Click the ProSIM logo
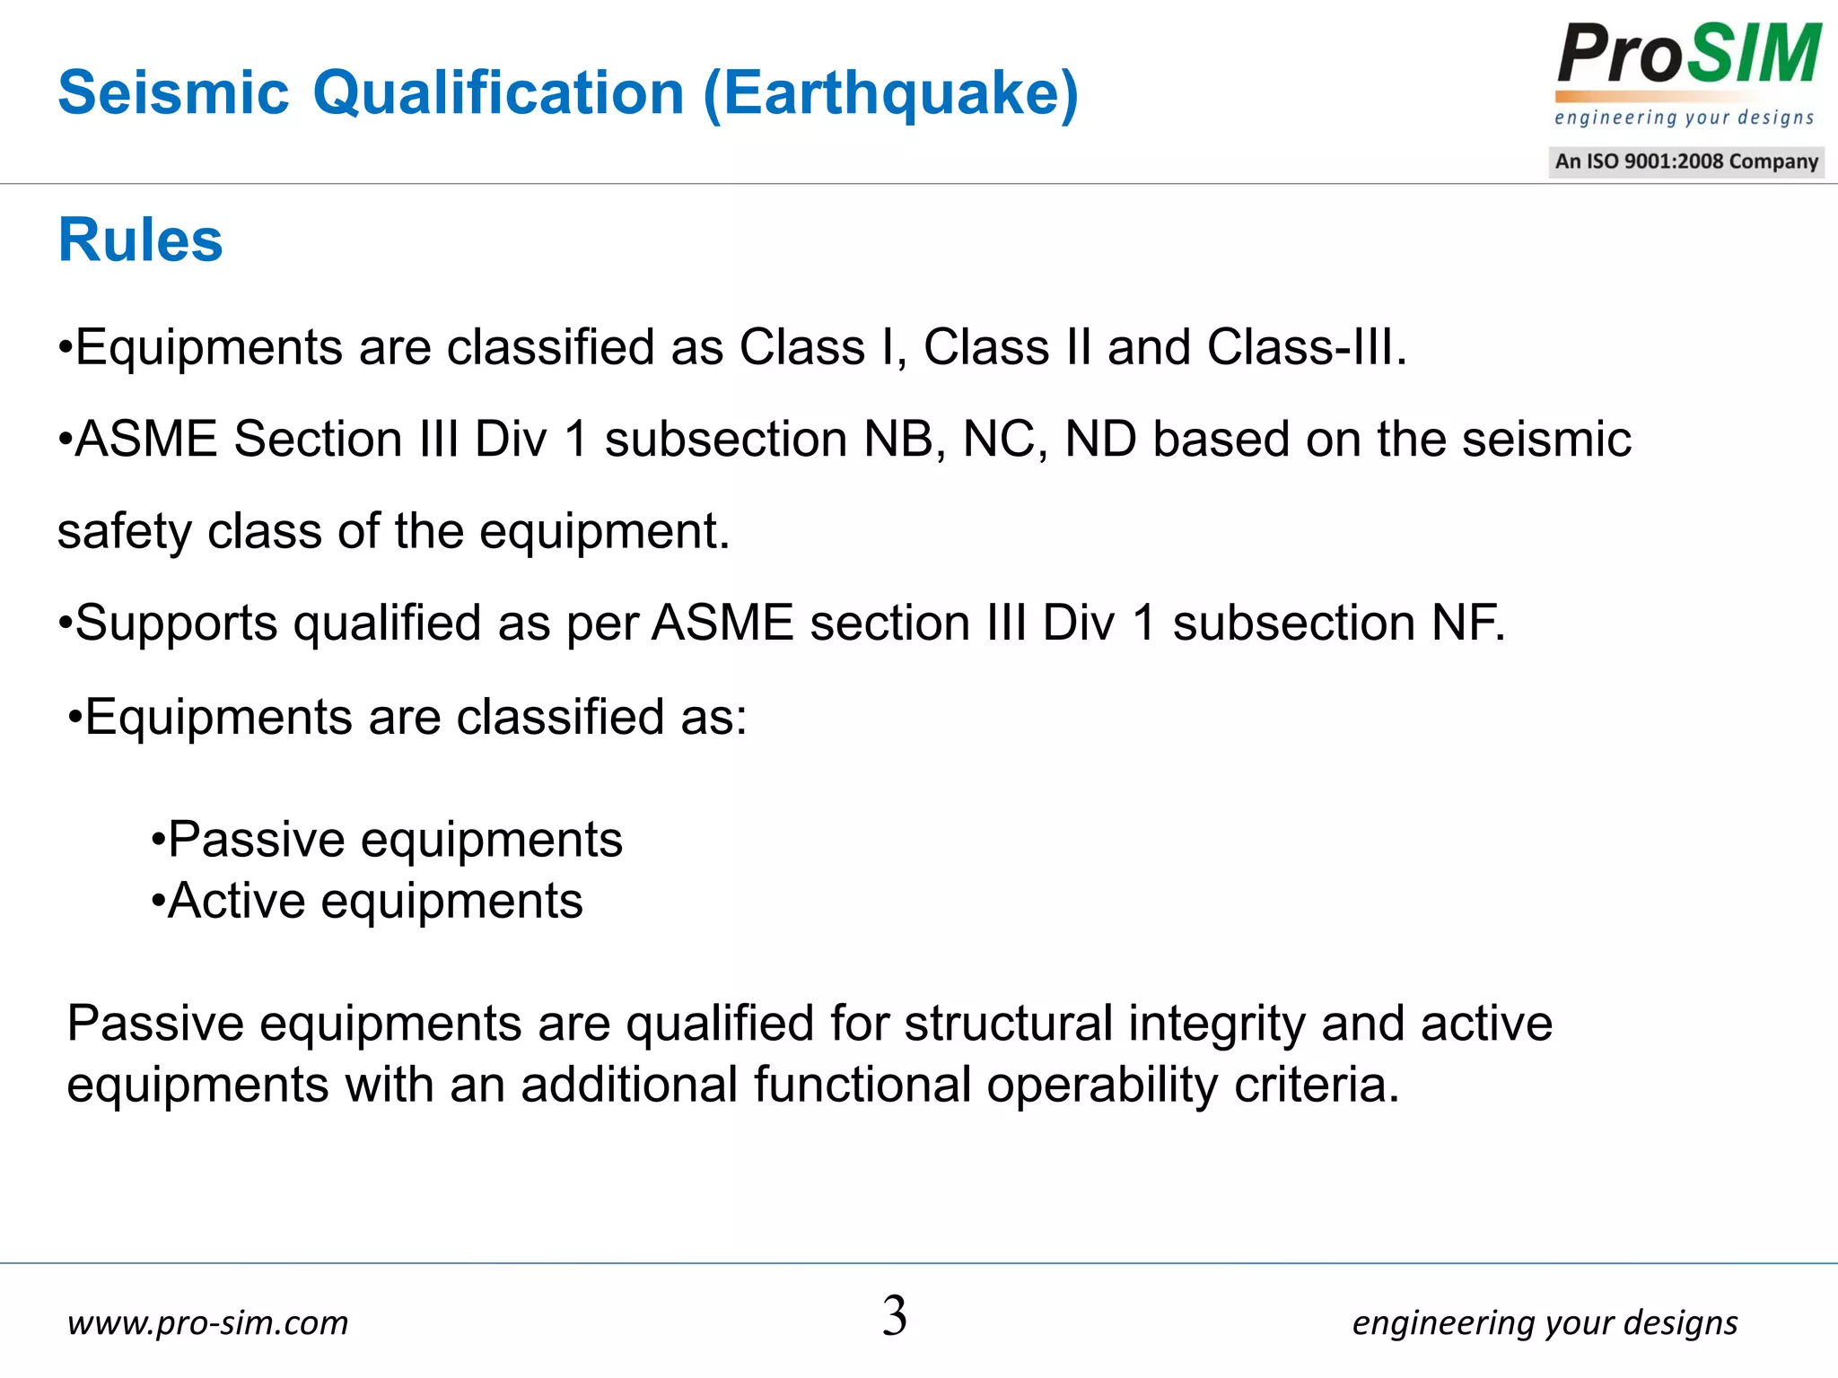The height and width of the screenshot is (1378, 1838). [x=1687, y=56]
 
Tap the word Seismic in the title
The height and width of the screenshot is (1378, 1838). [x=173, y=93]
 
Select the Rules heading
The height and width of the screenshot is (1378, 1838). [x=140, y=240]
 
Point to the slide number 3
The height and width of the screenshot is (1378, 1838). [x=895, y=1316]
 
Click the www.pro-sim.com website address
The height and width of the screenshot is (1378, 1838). [x=207, y=1322]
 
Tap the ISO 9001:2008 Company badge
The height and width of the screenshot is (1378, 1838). [x=1685, y=161]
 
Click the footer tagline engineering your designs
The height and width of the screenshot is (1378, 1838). [x=1545, y=1323]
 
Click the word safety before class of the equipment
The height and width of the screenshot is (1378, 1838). [x=125, y=532]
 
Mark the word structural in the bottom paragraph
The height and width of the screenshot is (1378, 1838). [x=1008, y=1024]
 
